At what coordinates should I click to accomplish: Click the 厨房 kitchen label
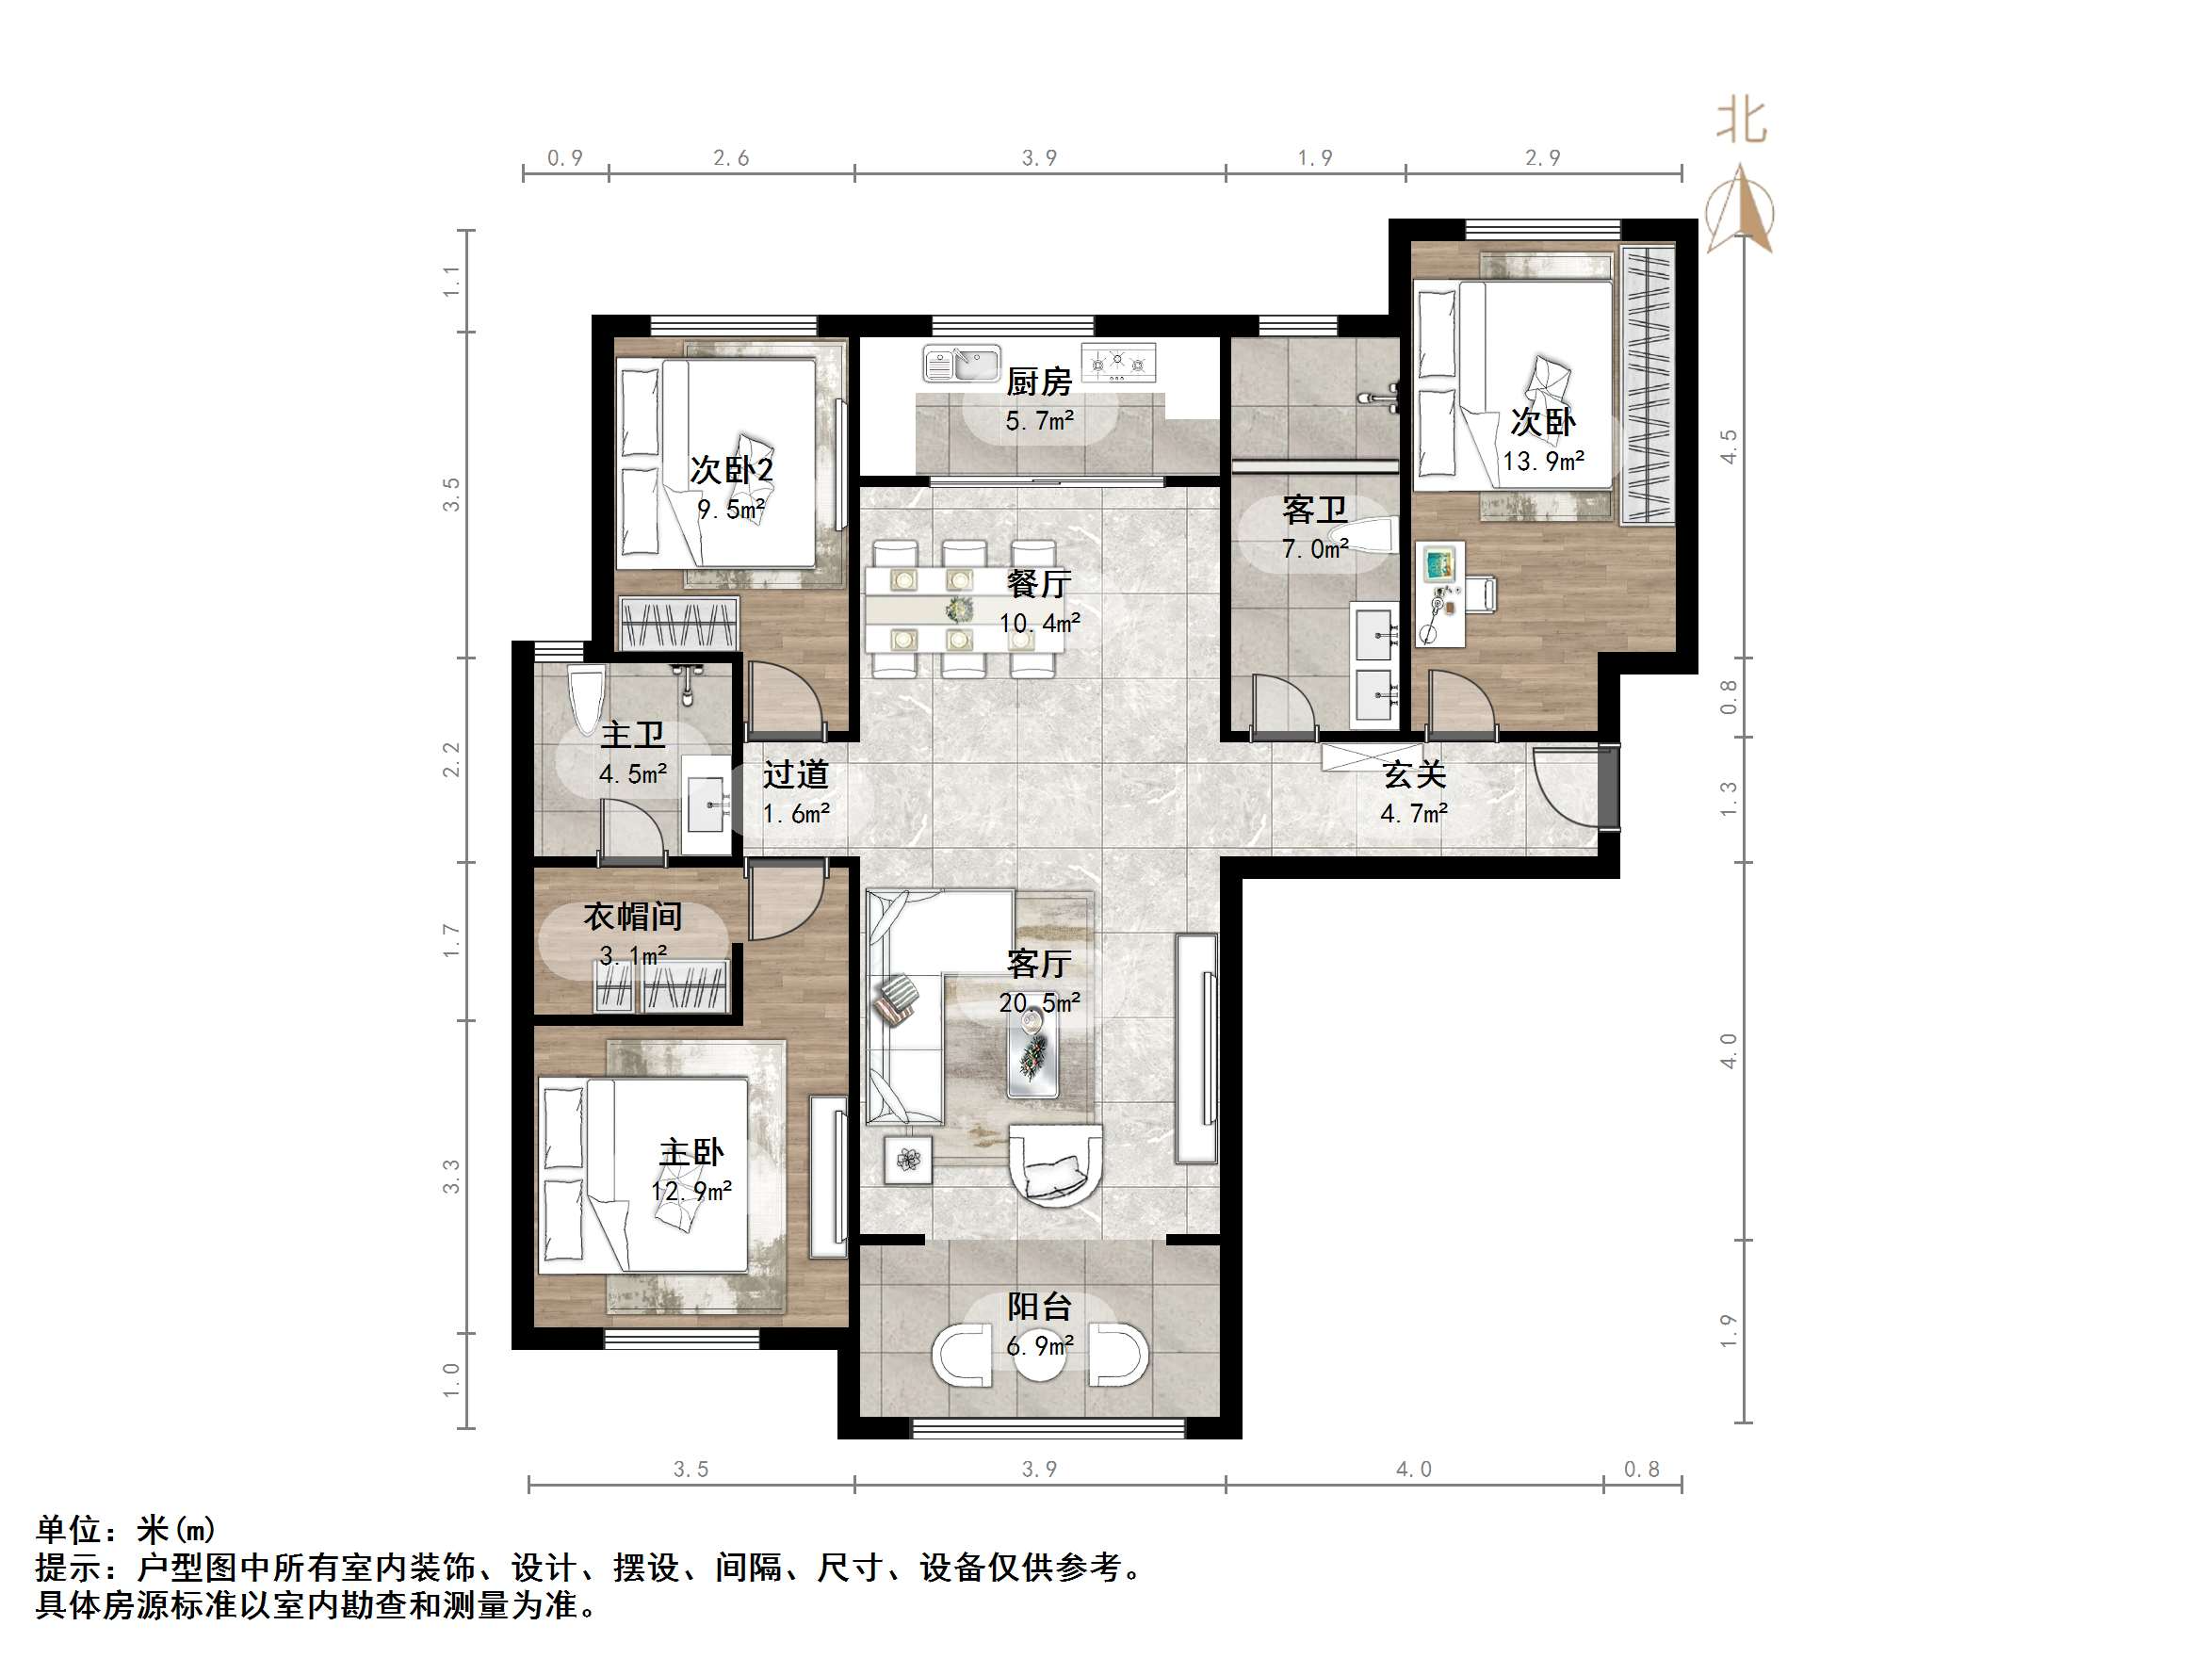[1039, 382]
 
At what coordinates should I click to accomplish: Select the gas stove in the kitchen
[1119, 363]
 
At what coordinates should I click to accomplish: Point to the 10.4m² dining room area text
[1039, 624]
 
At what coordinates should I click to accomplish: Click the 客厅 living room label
[1039, 964]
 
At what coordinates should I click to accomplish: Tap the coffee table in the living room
[1033, 1055]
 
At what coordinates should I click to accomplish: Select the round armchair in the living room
[1055, 1165]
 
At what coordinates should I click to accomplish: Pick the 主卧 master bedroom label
[691, 1152]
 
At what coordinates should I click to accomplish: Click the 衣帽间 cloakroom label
[632, 917]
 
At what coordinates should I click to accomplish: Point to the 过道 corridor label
[795, 774]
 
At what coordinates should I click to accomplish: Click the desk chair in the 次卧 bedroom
[1484, 593]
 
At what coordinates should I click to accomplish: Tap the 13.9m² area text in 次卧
[1543, 462]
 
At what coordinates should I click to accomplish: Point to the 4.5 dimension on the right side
[1729, 446]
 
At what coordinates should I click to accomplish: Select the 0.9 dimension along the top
[564, 158]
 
